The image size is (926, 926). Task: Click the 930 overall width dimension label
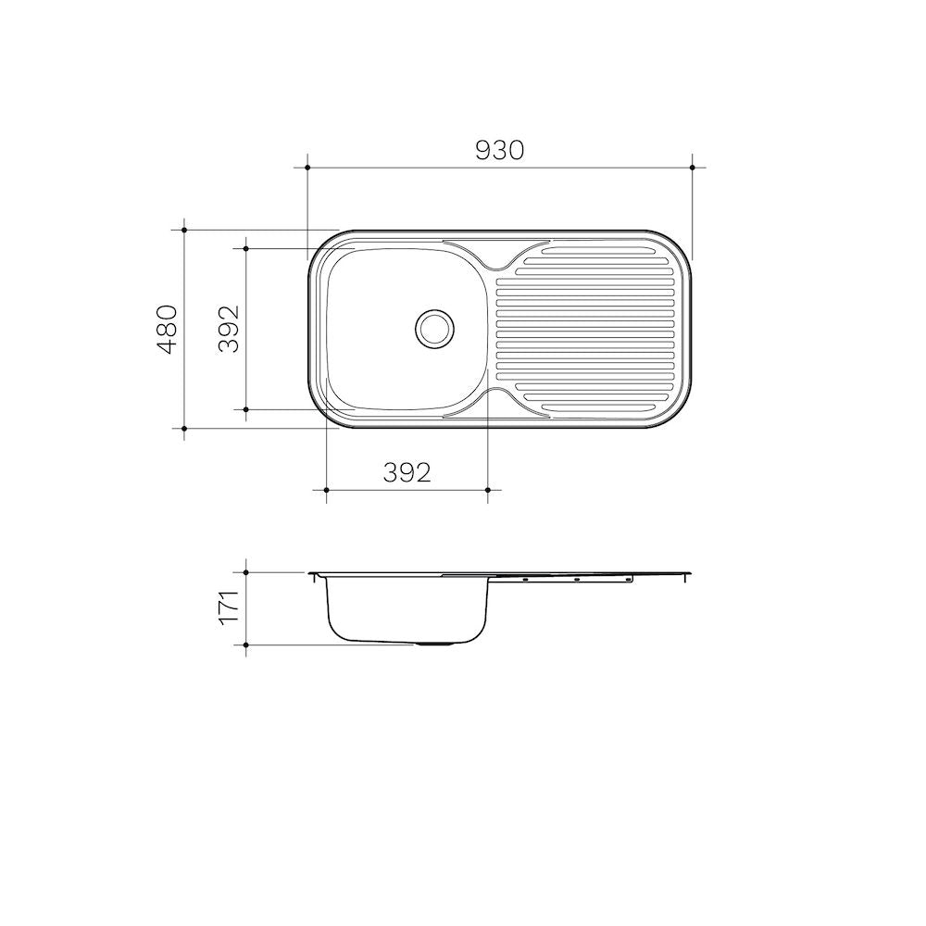(500, 150)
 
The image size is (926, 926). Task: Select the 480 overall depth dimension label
(167, 329)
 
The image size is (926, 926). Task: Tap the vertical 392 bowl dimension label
(229, 329)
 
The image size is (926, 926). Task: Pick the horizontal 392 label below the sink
(407, 472)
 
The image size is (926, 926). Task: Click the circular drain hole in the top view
(435, 329)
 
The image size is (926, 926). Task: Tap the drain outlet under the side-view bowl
(435, 644)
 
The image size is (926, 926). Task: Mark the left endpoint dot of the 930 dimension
(307, 168)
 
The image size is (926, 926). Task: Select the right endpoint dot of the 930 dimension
(692, 168)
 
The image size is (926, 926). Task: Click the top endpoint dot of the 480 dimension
(184, 230)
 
